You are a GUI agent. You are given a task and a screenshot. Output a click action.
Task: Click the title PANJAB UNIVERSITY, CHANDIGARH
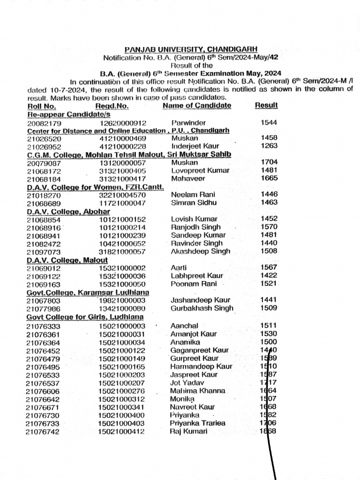[x=191, y=50]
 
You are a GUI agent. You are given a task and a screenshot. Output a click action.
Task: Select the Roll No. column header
[x=42, y=105]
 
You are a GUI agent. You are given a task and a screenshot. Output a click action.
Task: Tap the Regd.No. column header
[x=109, y=105]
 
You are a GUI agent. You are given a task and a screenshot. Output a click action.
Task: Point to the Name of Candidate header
[x=197, y=105]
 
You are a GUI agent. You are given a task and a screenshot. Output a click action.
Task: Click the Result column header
[x=266, y=105]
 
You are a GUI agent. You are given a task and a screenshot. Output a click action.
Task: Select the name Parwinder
[x=188, y=122]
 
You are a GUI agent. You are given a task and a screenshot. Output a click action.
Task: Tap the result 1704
[x=269, y=162]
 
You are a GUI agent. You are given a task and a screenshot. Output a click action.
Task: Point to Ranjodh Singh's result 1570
[x=269, y=227]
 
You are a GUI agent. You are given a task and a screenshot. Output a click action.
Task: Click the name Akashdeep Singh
[x=201, y=251]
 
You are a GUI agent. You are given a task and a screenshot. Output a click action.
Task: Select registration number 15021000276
[x=121, y=391]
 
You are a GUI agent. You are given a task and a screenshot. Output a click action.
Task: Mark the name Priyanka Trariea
[x=197, y=423]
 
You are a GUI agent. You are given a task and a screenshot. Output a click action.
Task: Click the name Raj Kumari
[x=188, y=431]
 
